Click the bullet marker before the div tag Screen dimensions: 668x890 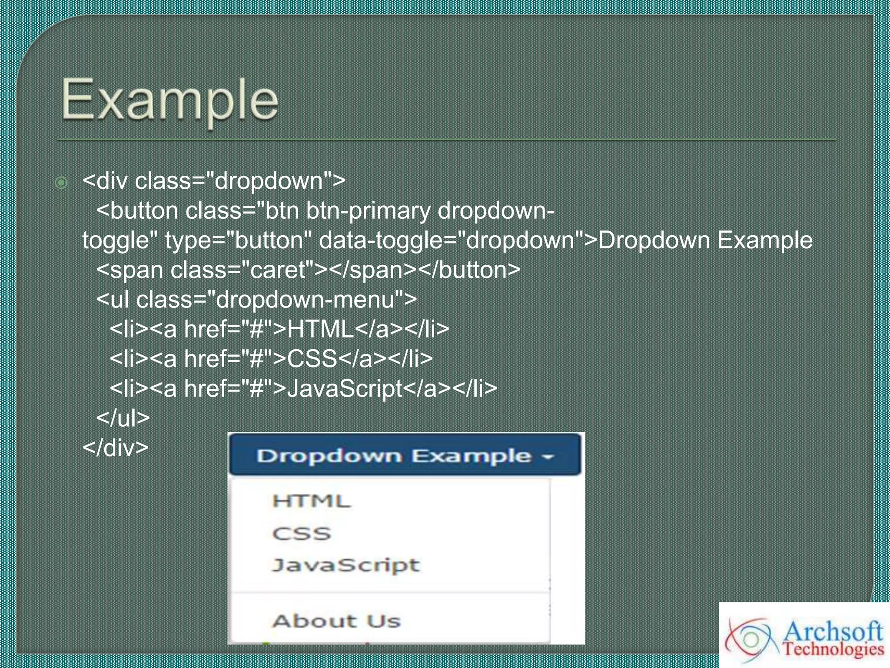[x=61, y=183]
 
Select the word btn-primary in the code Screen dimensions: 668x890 [x=368, y=211]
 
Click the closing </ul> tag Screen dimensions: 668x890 [x=123, y=417]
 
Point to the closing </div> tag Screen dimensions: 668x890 [x=116, y=447]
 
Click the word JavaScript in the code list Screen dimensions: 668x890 [x=345, y=388]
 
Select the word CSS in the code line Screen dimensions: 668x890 [x=312, y=358]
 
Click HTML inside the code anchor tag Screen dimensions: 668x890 [x=320, y=329]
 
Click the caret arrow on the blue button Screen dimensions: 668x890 [x=548, y=457]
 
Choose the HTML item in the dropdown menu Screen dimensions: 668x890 [x=311, y=501]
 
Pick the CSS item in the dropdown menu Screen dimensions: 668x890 [x=302, y=533]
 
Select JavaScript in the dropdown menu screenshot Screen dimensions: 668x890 [x=346, y=565]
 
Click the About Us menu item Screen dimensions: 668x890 [x=336, y=621]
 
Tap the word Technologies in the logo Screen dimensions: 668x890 [x=833, y=649]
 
